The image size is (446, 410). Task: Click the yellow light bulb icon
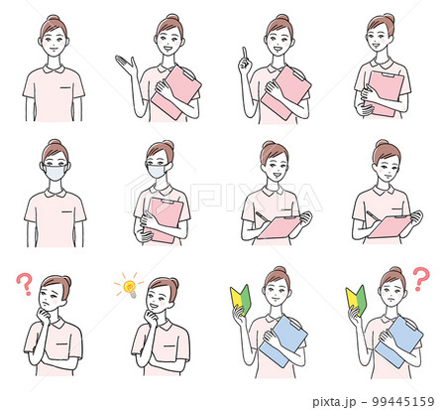(x=128, y=287)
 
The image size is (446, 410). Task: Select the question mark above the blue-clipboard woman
(x=420, y=278)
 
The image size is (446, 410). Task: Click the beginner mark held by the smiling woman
(x=238, y=299)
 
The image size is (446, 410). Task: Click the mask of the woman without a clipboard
(x=54, y=173)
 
